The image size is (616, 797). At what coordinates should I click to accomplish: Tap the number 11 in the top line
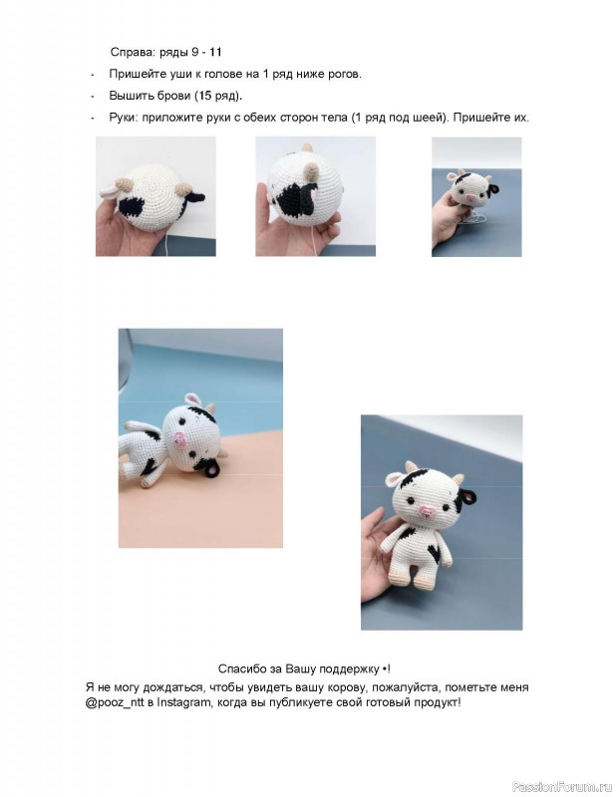215,52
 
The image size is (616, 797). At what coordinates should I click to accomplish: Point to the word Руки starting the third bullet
122,118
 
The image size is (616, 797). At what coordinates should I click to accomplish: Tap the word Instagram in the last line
182,702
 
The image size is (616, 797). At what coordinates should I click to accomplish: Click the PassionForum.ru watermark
562,786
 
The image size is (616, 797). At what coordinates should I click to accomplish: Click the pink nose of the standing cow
427,511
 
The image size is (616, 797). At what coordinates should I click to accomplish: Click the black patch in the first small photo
132,208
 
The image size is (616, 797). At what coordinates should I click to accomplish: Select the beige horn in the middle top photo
310,173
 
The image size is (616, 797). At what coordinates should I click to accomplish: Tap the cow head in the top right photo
472,187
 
